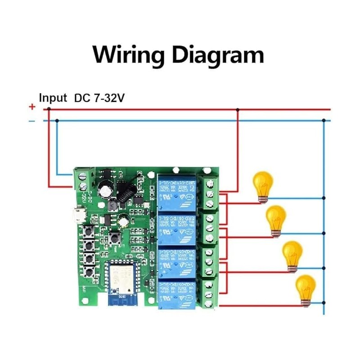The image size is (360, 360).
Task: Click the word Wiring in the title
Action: [128, 54]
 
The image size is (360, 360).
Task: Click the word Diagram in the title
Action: [218, 54]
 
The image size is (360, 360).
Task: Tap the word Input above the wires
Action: [53, 98]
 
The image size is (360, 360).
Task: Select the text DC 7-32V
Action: [99, 98]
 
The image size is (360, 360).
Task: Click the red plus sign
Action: [32, 107]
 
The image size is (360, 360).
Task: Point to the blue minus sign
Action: [32, 121]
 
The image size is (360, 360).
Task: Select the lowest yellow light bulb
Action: [305, 290]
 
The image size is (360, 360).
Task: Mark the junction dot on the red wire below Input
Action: [49, 109]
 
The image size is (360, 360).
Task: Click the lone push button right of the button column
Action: [113, 238]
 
